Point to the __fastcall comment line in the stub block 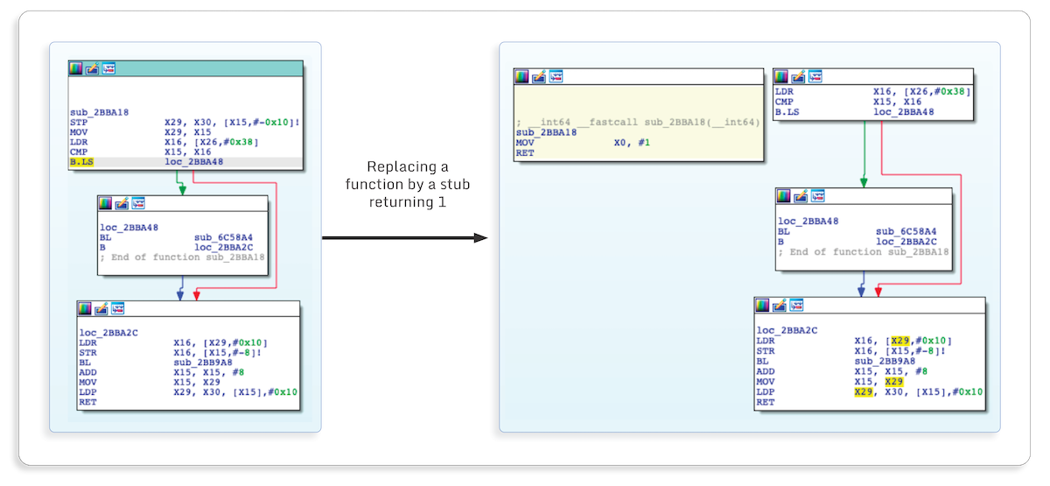pyautogui.click(x=638, y=121)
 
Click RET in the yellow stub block pyautogui.click(x=524, y=152)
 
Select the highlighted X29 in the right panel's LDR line pyautogui.click(x=900, y=341)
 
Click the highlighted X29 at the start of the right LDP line pyautogui.click(x=864, y=391)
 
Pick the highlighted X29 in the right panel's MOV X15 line pyautogui.click(x=893, y=381)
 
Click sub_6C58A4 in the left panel pyautogui.click(x=223, y=237)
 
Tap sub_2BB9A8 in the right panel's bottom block pyautogui.click(x=885, y=361)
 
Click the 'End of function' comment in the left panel pyautogui.click(x=183, y=257)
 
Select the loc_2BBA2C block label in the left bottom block pyautogui.click(x=108, y=333)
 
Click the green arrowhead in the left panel pyautogui.click(x=180, y=189)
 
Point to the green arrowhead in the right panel pyautogui.click(x=864, y=183)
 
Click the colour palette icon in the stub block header pyautogui.click(x=521, y=76)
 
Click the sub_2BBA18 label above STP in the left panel pyautogui.click(x=99, y=112)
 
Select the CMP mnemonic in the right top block pyautogui.click(x=786, y=102)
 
